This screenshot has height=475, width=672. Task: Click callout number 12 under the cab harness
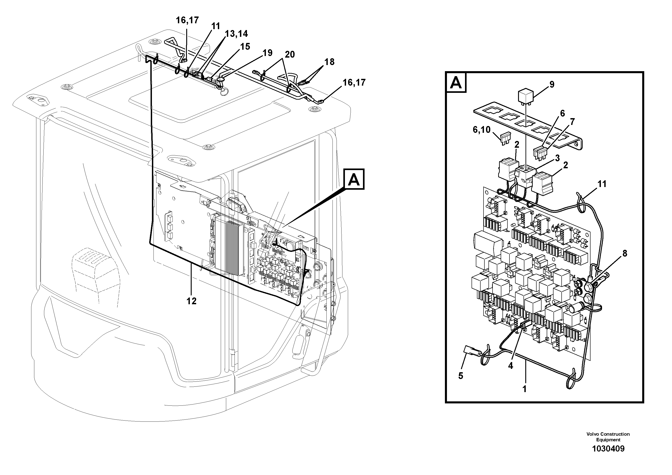point(191,301)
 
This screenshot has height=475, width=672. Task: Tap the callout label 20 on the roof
point(290,54)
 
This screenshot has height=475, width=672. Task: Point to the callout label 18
point(329,62)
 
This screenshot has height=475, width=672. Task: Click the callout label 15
point(245,47)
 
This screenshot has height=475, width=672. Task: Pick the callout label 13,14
point(236,34)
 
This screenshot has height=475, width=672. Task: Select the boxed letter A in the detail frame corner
point(456,83)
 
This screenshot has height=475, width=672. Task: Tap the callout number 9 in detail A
point(552,85)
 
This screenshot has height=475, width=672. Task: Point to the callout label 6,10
point(481,130)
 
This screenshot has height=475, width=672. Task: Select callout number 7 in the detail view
point(572,122)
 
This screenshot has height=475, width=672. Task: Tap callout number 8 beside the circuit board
point(625,254)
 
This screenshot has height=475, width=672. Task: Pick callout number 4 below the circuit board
point(510,366)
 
